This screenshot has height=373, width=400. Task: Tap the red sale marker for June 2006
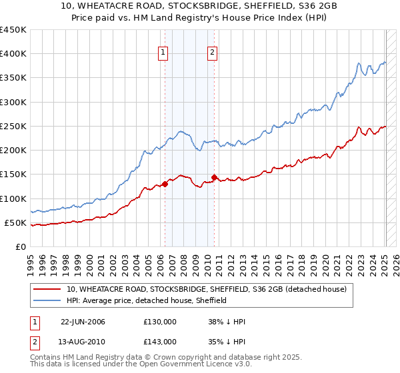click(x=165, y=184)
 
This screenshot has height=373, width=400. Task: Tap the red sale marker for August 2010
click(x=214, y=177)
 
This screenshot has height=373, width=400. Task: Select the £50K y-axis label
click(x=16, y=222)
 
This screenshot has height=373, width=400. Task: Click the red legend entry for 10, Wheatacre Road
click(x=207, y=290)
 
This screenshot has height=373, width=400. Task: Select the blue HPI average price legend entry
click(x=147, y=301)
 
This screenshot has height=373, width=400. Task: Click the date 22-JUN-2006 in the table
click(x=83, y=322)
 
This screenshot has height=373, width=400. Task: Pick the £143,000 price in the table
click(x=160, y=342)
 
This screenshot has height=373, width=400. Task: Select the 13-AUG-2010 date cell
click(x=83, y=342)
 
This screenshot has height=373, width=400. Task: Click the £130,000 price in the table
click(x=160, y=322)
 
